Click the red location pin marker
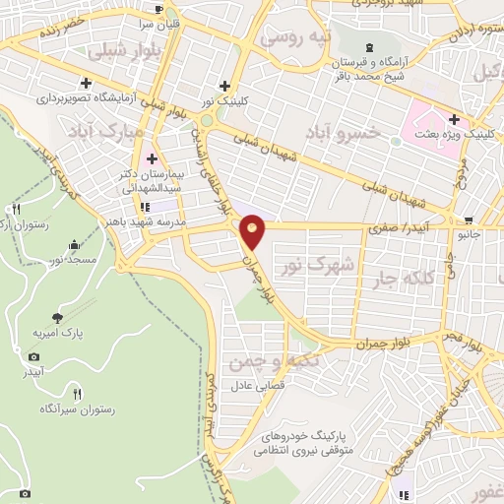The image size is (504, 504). click(253, 230)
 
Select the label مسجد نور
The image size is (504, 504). click(70, 259)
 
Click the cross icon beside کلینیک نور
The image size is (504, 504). click(226, 86)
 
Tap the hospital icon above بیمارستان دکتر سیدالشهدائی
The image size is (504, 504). click(153, 158)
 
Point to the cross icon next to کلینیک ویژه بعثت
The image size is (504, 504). click(456, 118)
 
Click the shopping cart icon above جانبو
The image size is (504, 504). click(468, 220)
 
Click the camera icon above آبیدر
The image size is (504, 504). click(34, 356)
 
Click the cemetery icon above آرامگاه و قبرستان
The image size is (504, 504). click(369, 47)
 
